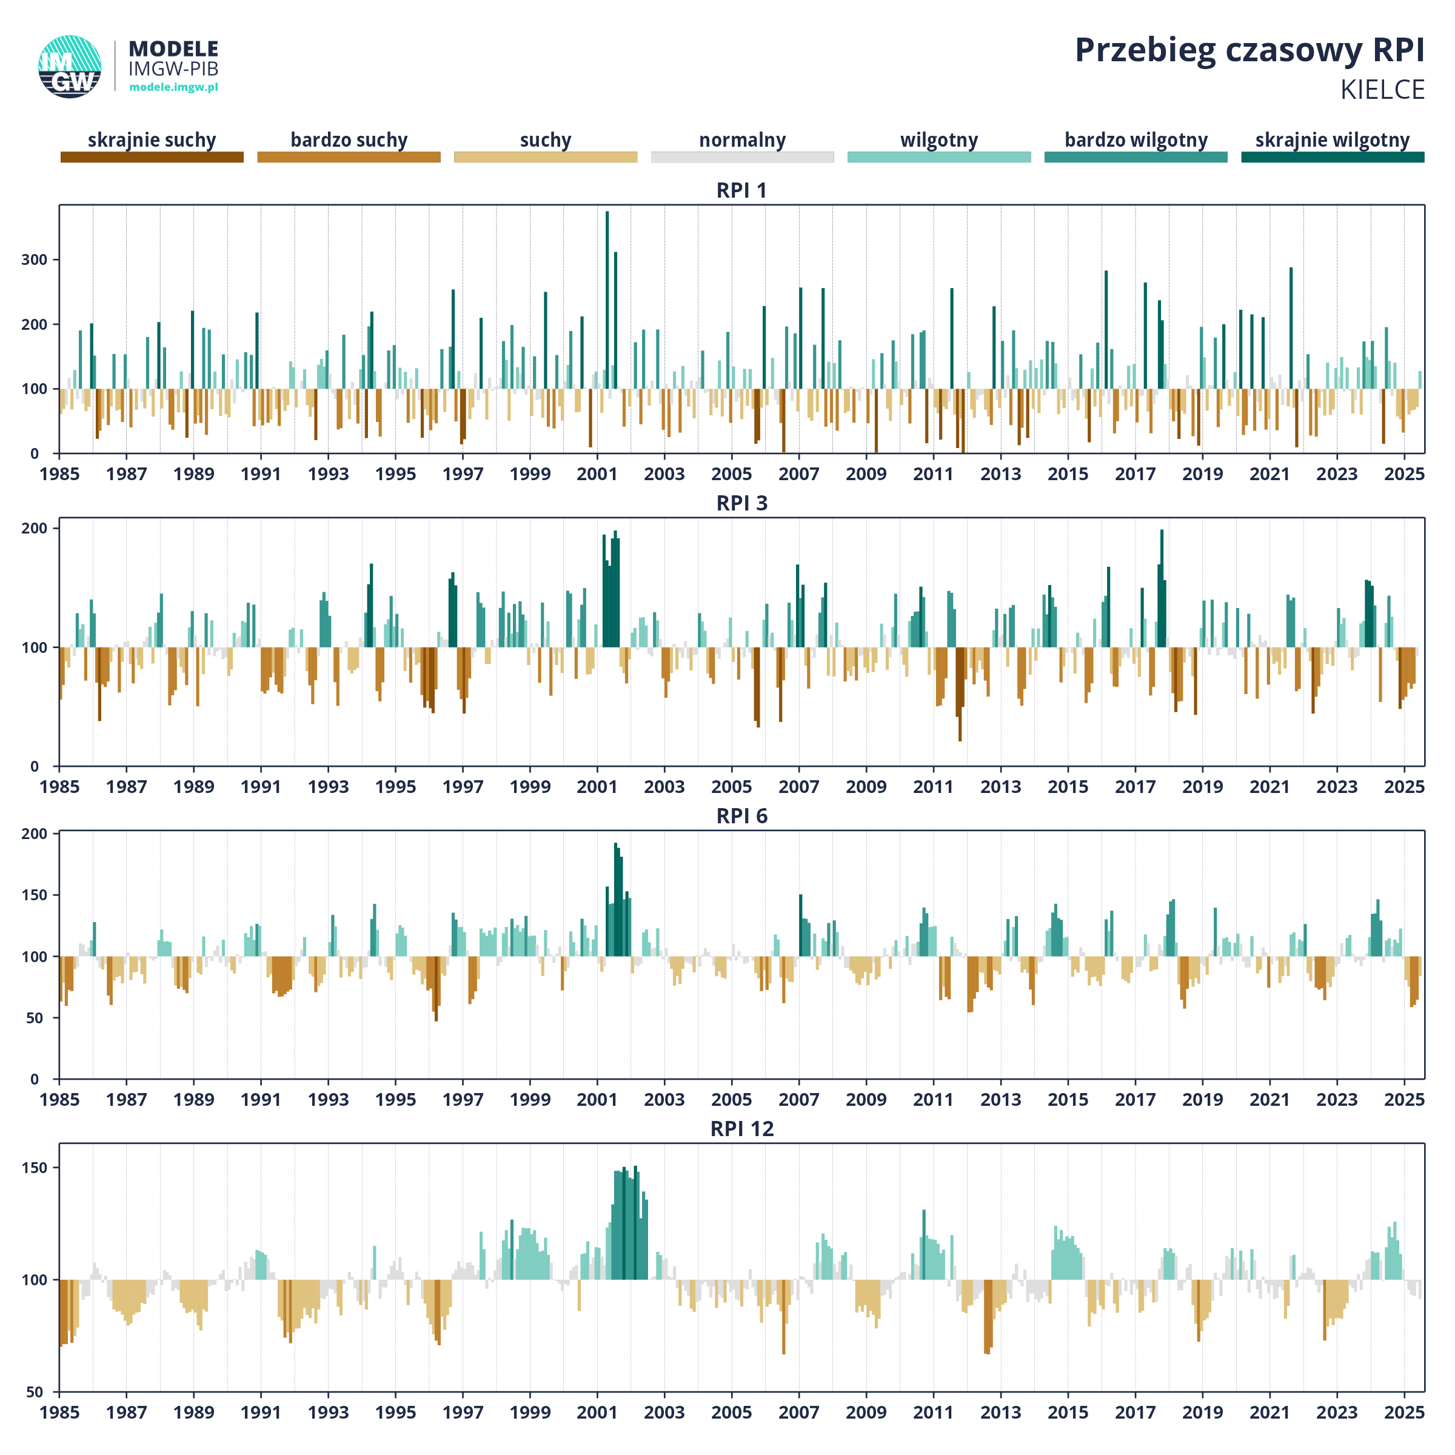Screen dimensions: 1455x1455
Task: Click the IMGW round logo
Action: pyautogui.click(x=70, y=66)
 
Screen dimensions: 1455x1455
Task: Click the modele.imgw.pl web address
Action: pyautogui.click(x=174, y=87)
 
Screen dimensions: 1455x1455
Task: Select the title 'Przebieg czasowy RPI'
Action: pyautogui.click(x=1249, y=51)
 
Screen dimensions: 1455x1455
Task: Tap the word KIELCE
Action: pyautogui.click(x=1382, y=90)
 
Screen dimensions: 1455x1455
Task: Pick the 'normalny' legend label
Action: pyautogui.click(x=743, y=140)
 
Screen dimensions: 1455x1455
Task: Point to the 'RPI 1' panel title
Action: pyautogui.click(x=742, y=190)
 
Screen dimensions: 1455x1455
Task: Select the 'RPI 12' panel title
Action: pyautogui.click(x=742, y=1129)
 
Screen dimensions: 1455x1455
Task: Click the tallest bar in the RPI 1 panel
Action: pyautogui.click(x=607, y=332)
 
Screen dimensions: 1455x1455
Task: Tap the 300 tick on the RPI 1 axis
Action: pyautogui.click(x=35, y=260)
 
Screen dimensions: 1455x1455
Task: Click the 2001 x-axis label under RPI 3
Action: pyautogui.click(x=597, y=787)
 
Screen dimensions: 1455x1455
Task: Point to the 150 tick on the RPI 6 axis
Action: pyautogui.click(x=35, y=895)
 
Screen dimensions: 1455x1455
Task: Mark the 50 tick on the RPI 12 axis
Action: pyautogui.click(x=35, y=1392)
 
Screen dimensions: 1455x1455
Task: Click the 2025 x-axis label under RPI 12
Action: pyautogui.click(x=1405, y=1412)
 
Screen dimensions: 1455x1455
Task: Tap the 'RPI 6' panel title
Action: pyautogui.click(x=742, y=817)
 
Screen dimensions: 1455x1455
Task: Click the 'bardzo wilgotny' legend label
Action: pyautogui.click(x=1136, y=140)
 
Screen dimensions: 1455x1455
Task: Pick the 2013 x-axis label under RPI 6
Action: pyautogui.click(x=1001, y=1100)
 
